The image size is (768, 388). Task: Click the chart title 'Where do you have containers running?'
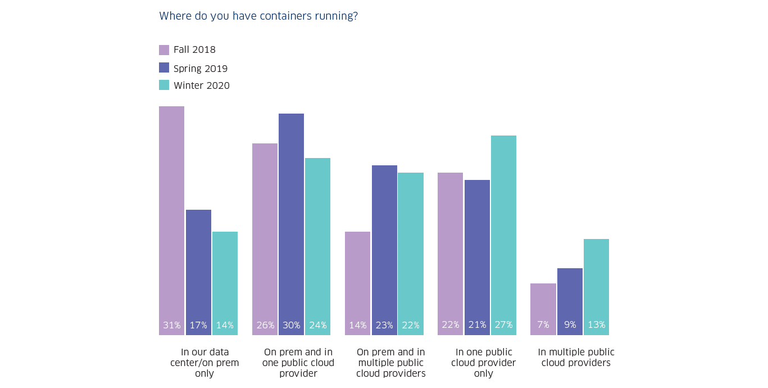[x=258, y=16]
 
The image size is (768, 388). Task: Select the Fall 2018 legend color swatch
[x=164, y=50]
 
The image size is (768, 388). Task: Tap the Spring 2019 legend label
[x=200, y=69]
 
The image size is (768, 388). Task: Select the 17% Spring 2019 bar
[x=198, y=272]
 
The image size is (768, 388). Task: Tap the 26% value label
[x=265, y=325]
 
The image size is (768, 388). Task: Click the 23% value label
[x=384, y=325]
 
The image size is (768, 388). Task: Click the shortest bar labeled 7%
[x=543, y=309]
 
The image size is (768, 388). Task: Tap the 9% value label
[x=570, y=325]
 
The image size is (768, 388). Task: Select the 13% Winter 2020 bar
[x=596, y=287]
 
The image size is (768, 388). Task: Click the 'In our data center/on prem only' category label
[x=205, y=363]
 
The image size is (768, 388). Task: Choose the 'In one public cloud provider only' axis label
[x=483, y=363]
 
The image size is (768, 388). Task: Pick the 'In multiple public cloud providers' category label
[x=576, y=358]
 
